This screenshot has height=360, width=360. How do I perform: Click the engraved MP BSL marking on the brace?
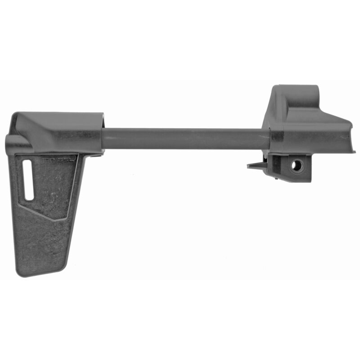(53, 159)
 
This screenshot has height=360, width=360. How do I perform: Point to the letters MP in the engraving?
(46, 159)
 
